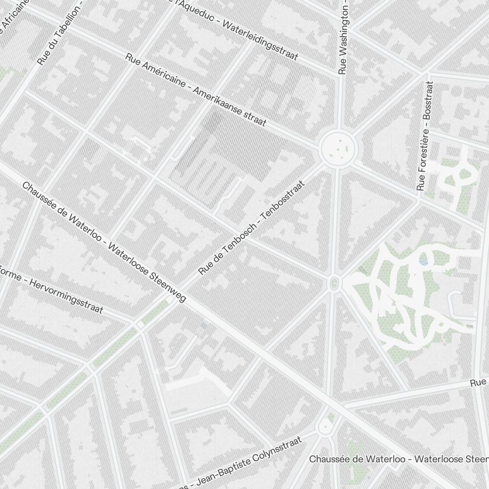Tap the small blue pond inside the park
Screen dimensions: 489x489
(423, 262)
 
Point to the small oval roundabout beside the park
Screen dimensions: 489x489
(334, 283)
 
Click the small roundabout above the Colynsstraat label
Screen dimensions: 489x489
(324, 427)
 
